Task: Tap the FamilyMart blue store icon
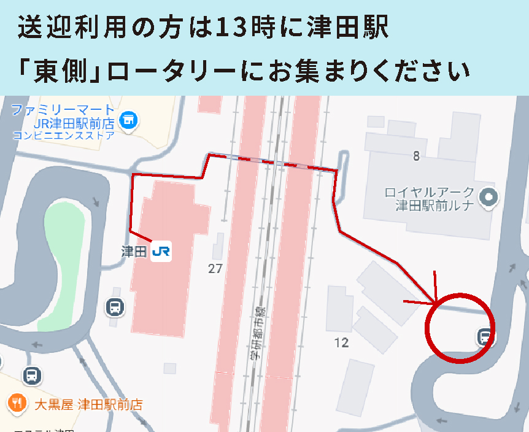click(129, 119)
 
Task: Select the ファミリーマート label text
click(63, 111)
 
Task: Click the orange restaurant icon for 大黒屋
click(16, 403)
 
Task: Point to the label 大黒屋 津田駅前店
click(88, 404)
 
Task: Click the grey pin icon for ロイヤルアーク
click(489, 198)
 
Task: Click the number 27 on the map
click(215, 268)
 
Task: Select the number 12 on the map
click(341, 342)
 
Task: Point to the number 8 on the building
click(416, 156)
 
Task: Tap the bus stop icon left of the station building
click(114, 307)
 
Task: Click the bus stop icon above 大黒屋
click(32, 374)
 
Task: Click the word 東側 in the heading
click(60, 71)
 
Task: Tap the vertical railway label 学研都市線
click(257, 332)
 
